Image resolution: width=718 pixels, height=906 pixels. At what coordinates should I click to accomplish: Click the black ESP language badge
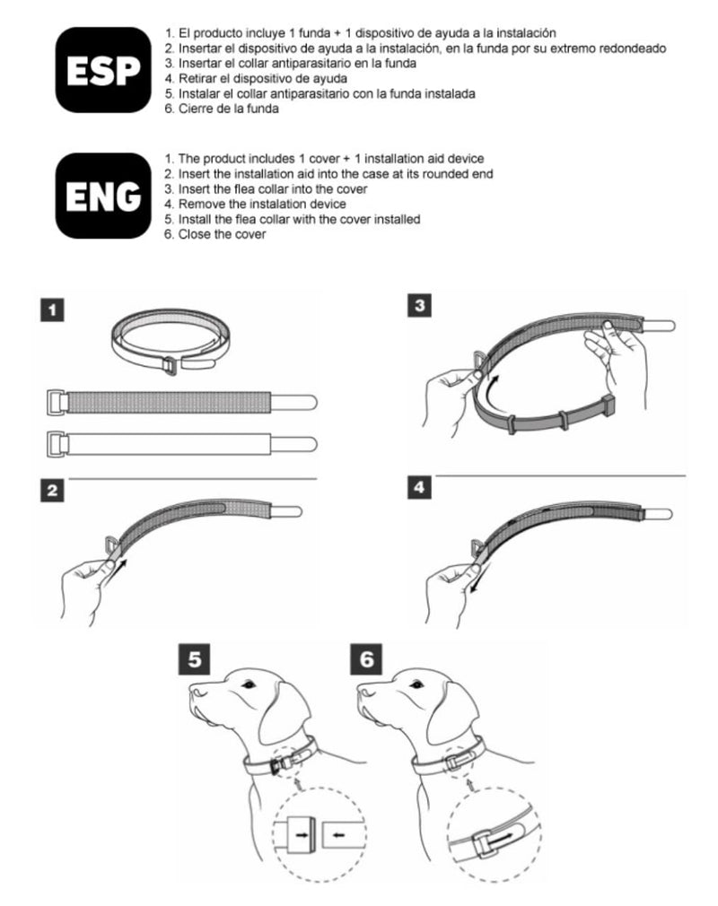[103, 70]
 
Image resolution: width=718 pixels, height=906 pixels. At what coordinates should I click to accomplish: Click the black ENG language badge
[103, 196]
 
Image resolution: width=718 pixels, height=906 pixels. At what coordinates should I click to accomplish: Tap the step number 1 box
[52, 310]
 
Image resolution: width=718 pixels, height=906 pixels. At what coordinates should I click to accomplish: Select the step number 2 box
[52, 491]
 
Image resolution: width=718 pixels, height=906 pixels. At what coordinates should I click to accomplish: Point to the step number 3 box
[420, 306]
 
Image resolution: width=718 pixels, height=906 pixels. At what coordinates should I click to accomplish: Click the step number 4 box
[420, 487]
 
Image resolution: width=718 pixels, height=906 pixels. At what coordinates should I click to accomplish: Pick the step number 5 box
[195, 658]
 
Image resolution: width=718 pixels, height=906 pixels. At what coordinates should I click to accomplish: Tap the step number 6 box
[366, 658]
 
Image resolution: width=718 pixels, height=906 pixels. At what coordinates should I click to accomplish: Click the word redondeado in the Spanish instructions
[632, 48]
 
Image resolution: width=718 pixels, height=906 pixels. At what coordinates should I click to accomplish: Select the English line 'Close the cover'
[222, 235]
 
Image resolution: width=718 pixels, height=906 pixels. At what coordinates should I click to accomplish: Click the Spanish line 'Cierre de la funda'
[228, 109]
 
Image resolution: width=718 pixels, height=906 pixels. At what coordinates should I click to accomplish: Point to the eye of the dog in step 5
[249, 684]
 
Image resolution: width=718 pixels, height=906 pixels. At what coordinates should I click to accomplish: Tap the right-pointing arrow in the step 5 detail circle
[302, 834]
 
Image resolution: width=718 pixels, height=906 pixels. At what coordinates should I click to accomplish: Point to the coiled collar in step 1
[171, 342]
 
